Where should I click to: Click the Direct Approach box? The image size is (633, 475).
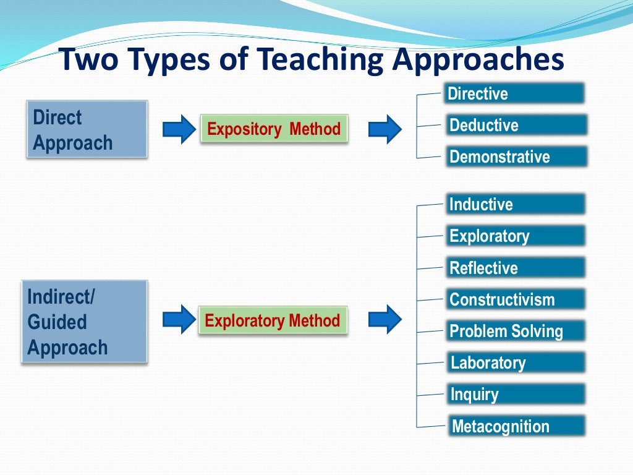point(87,129)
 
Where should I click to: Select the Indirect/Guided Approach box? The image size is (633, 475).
point(84,321)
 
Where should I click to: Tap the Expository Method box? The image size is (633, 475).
point(273,129)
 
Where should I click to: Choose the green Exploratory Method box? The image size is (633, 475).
point(273,320)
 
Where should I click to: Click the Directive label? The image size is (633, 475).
point(514,93)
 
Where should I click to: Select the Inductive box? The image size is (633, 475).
point(514,204)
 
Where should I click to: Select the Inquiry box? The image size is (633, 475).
point(516,394)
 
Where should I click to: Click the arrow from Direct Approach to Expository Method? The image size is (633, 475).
point(179,129)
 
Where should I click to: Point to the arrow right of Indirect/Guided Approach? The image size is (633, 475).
point(179,319)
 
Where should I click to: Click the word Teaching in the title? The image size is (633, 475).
point(325,61)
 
